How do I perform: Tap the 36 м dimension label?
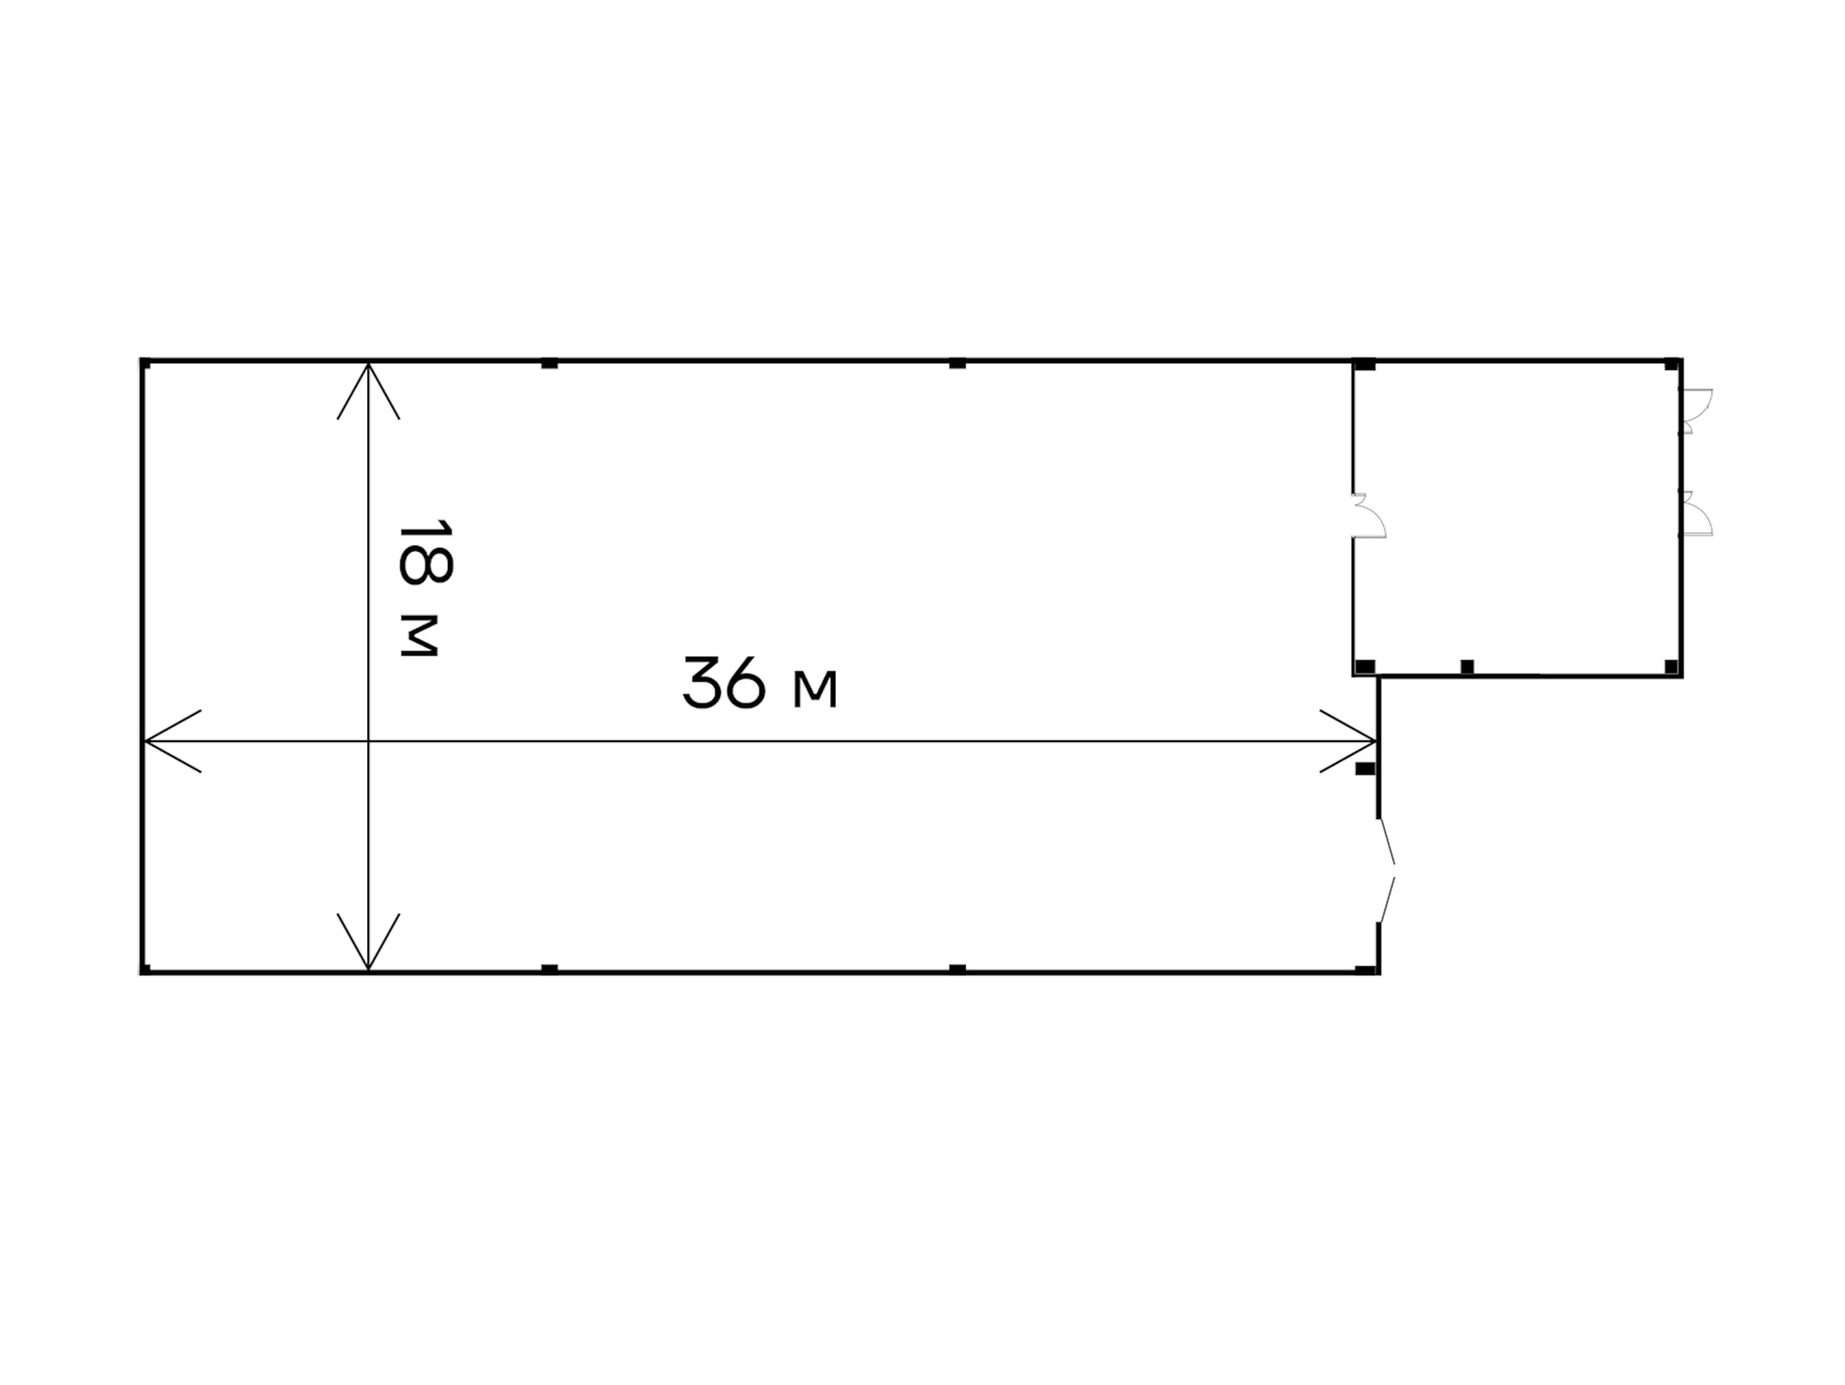(x=760, y=683)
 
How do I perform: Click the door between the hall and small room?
(x=1369, y=516)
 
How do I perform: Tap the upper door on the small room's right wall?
(x=1696, y=410)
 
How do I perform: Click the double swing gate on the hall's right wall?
(x=1386, y=871)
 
